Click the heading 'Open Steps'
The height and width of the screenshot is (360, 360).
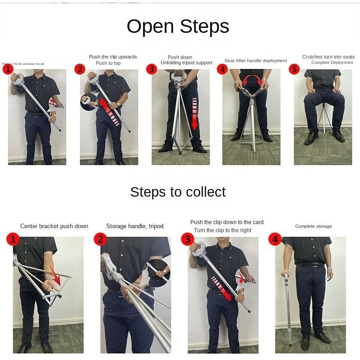pos(178,27)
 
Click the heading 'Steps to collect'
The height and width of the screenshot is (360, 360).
pos(178,192)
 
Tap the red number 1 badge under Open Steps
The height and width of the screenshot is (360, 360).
pos(7,69)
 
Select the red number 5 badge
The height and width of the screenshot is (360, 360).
pos(294,69)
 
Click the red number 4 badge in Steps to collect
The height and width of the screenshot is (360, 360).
pos(274,239)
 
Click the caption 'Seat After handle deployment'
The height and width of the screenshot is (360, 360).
pos(256,61)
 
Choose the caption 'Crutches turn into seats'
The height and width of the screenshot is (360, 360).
pos(328,57)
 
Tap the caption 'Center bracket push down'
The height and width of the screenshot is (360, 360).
pos(54,226)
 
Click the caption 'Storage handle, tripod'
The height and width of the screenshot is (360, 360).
pos(135,226)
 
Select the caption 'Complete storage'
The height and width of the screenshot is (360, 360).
pos(313,226)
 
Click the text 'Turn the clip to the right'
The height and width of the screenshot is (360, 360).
pos(222,230)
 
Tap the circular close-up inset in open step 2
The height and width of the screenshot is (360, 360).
pos(88,102)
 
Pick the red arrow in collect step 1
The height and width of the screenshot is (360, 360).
pos(55,275)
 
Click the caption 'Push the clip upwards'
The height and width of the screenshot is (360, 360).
pos(112,57)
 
